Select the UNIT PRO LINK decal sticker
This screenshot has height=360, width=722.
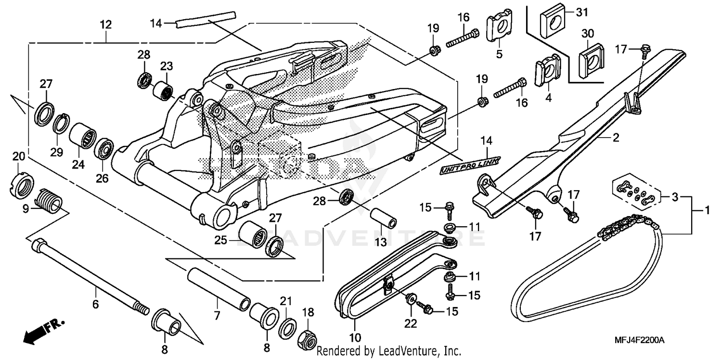469,164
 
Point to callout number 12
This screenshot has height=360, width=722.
106,24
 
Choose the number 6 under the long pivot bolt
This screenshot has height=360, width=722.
95,304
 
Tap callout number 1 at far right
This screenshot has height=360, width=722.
707,211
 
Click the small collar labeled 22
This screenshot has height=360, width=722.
411,300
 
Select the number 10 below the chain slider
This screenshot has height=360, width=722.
355,337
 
